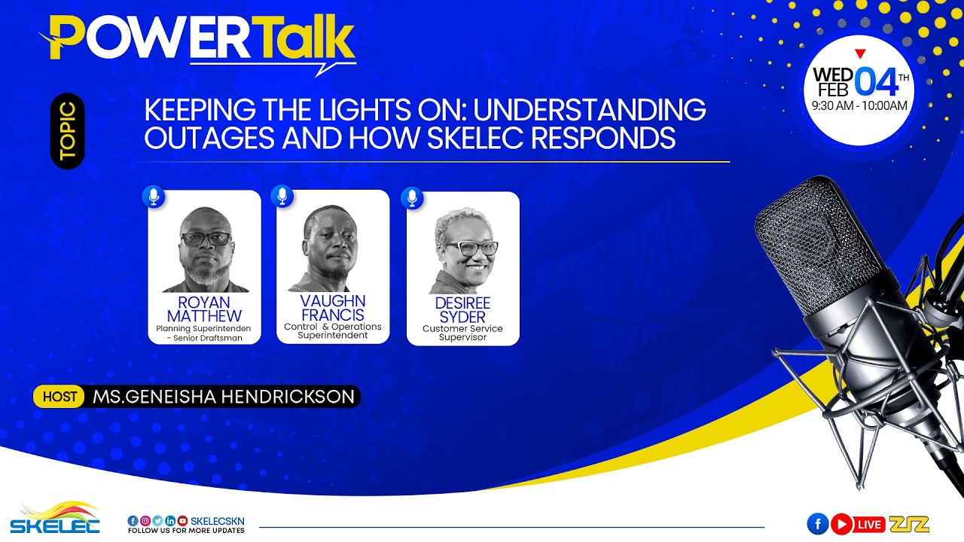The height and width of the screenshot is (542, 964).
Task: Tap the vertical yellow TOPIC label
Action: pos(67,131)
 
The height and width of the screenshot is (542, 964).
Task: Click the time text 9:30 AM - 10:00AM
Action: pos(859,106)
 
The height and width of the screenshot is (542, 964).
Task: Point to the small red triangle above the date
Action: pos(861,53)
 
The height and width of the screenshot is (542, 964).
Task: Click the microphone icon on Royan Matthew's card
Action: pos(154,197)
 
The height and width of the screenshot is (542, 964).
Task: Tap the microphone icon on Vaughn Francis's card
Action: pos(282,196)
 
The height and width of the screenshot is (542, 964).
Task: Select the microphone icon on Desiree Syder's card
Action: pos(411,198)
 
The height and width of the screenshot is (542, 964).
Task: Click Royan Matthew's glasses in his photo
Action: pos(206,239)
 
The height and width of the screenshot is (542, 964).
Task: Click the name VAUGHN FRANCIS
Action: pos(332,309)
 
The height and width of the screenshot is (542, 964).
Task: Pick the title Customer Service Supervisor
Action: pos(462,333)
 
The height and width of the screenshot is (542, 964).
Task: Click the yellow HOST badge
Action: pos(59,397)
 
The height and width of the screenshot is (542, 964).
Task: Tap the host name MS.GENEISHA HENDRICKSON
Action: pos(224,397)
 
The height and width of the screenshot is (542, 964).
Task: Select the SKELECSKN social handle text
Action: pos(218,521)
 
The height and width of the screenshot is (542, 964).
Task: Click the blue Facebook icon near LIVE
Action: pos(817,524)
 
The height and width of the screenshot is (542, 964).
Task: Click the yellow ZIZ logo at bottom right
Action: pos(909,524)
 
